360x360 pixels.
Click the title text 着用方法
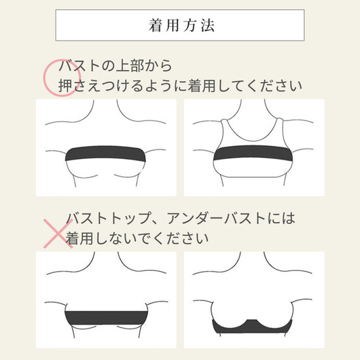tap(181, 26)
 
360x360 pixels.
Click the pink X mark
tap(58, 234)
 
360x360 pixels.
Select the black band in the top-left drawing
tap(105, 153)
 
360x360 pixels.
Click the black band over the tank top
tap(253, 153)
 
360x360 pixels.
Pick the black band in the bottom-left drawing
tap(106, 317)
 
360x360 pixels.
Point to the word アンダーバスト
tap(216, 218)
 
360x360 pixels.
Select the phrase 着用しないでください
tap(137, 238)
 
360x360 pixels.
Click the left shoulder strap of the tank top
tap(225, 128)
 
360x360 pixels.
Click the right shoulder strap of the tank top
tap(281, 128)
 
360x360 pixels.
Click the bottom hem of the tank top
tap(253, 177)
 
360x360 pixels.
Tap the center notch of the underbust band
tap(252, 320)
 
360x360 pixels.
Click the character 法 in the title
tap(208, 26)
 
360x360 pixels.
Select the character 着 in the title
tap(155, 26)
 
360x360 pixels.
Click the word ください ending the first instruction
tap(274, 86)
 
